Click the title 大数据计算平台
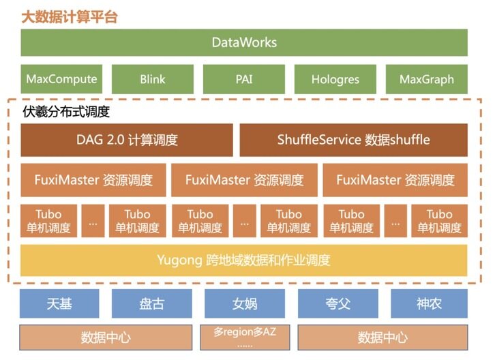[x=70, y=16]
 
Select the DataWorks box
[x=244, y=42]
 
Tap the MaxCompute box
[x=61, y=79]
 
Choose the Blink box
[x=152, y=79]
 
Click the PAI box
[x=243, y=79]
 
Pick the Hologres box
[x=335, y=79]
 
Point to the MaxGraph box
[x=426, y=79]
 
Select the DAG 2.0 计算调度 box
[x=127, y=140]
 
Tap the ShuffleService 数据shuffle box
[x=353, y=140]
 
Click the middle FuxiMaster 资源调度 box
[x=243, y=180]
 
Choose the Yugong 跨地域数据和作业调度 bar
[x=243, y=260]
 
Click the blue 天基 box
[x=59, y=303]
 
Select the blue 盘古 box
[x=151, y=303]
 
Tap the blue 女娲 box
[x=243, y=303]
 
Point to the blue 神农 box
[x=429, y=303]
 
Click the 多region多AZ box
[x=243, y=337]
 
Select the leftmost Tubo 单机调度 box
[x=48, y=221]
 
